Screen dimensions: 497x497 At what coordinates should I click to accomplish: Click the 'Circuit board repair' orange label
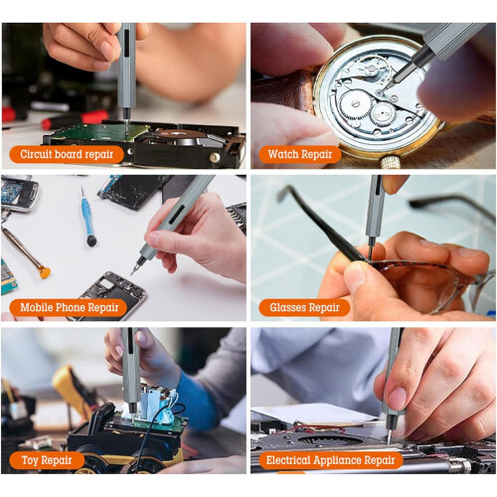pos(67,154)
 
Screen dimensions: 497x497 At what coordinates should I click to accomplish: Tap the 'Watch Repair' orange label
pos(300,154)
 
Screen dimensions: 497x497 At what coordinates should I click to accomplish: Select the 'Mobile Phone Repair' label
pos(69,307)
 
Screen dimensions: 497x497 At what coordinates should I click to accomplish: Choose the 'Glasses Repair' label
pos(304,307)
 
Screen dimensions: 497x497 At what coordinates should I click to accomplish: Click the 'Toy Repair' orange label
pos(47,460)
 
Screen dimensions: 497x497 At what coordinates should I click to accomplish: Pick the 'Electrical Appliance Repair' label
pos(331,460)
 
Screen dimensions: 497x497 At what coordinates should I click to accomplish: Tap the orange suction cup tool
pos(45,272)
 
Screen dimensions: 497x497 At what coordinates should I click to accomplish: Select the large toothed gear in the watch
pos(354,105)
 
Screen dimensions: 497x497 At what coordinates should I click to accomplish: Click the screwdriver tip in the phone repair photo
pos(132,272)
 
